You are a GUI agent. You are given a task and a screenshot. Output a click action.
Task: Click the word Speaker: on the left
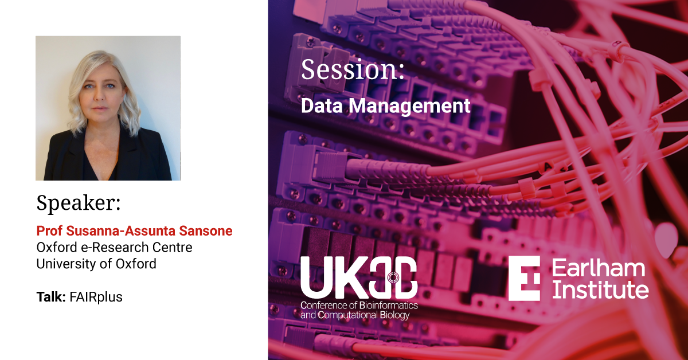point(79,203)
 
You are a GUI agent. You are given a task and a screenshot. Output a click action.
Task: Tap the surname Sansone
point(206,231)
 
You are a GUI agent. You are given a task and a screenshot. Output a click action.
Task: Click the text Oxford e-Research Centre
point(114,247)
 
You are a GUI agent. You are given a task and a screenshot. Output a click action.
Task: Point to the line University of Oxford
point(96,264)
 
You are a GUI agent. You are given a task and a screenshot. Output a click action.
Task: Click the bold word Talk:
point(51,297)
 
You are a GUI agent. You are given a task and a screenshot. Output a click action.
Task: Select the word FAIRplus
point(96,298)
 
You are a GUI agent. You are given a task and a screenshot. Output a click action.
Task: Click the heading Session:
point(353,70)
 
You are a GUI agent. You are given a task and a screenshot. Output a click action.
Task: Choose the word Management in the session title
point(410,107)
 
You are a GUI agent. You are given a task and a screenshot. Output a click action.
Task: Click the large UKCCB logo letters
point(359,277)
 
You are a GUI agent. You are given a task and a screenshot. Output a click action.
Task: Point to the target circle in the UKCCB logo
point(393,277)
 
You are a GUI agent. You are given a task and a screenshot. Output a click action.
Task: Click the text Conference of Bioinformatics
point(359,306)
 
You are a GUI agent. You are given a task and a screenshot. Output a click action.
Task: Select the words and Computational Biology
point(355,315)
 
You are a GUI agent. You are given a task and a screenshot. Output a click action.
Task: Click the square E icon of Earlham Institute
point(524,278)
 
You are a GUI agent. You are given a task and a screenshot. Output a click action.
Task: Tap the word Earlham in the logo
point(599,268)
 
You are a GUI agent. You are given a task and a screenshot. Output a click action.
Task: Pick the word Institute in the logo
point(600,289)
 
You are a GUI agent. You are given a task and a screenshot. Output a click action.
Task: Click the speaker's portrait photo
point(108,108)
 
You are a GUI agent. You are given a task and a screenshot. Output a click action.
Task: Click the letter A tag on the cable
point(548,167)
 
